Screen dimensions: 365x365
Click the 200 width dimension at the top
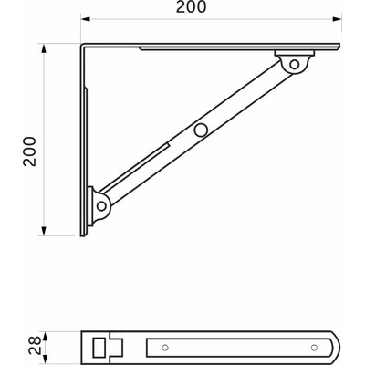[x=212, y=7]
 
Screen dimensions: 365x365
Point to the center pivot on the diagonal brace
[x=197, y=130]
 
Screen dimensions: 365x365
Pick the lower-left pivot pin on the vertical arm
[x=99, y=207]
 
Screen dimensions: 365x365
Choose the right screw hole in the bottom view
[x=316, y=347]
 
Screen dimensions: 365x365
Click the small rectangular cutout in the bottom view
[x=99, y=347]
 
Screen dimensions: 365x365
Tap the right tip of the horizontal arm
[x=340, y=47]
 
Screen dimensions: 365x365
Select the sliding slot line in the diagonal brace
[x=151, y=154]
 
